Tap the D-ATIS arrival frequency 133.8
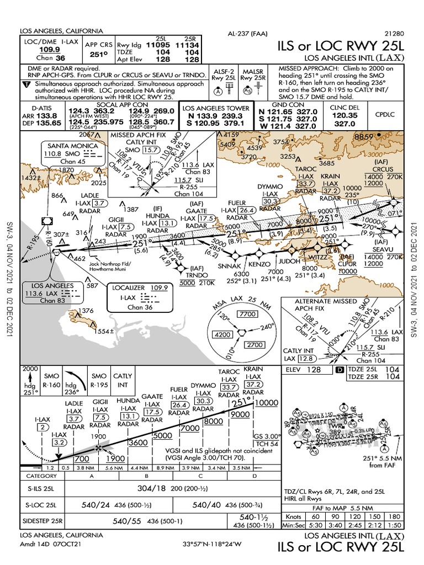coord(47,116)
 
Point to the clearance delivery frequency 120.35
coord(345,116)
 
